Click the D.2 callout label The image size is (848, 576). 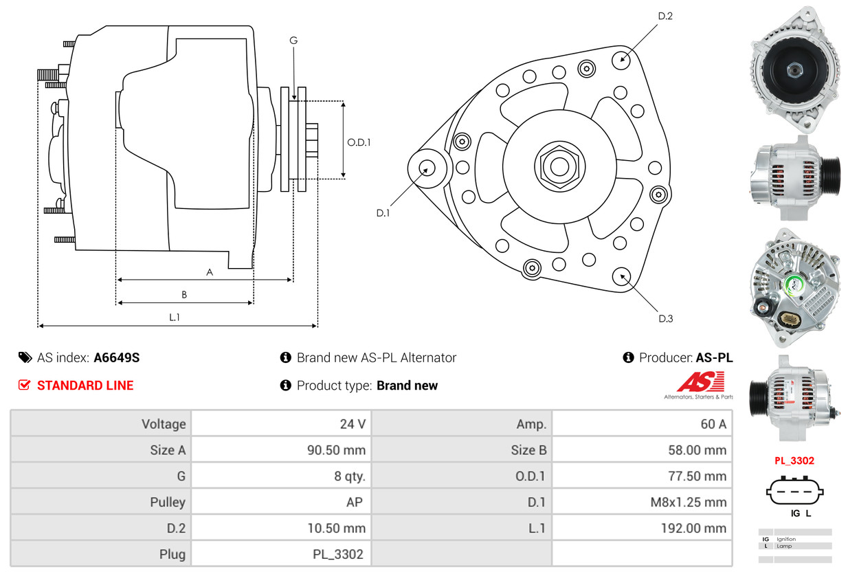coord(665,16)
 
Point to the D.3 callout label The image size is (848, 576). coord(665,318)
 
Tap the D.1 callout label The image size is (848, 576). coord(383,213)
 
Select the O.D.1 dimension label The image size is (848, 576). coord(359,142)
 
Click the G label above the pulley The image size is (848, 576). coord(293,40)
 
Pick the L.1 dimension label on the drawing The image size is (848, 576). coord(174,317)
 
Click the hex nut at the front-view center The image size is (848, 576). coord(559,166)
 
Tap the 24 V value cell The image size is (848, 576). coord(281,423)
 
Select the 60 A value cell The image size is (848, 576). coord(642,423)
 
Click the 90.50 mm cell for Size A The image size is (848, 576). coord(281,450)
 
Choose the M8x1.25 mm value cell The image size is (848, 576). coord(642,502)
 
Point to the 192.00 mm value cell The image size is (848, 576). coord(642,528)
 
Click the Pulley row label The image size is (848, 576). coord(168,502)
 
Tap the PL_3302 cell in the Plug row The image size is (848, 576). coord(281,554)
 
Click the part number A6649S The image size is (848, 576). coord(117,357)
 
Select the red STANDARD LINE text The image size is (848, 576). coord(85,386)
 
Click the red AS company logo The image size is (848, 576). coord(700,381)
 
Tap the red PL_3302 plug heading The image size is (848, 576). coord(794,461)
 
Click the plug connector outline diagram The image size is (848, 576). coord(794,491)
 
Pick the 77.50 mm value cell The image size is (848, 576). coord(642,476)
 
